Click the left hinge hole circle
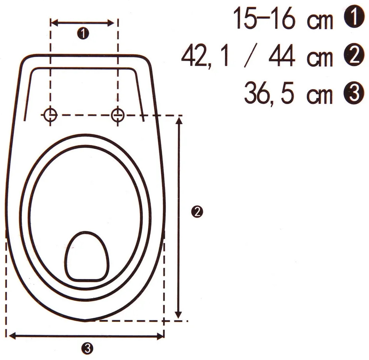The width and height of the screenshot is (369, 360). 51,115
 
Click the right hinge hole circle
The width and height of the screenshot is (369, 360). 118,115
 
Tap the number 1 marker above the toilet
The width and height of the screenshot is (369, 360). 83,33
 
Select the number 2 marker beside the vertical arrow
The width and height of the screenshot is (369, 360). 197,212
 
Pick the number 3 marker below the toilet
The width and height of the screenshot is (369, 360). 87,348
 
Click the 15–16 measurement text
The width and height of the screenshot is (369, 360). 264,18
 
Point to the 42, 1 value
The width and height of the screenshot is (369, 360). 205,57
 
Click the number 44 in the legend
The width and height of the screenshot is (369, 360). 282,56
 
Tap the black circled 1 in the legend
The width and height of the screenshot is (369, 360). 354,17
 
